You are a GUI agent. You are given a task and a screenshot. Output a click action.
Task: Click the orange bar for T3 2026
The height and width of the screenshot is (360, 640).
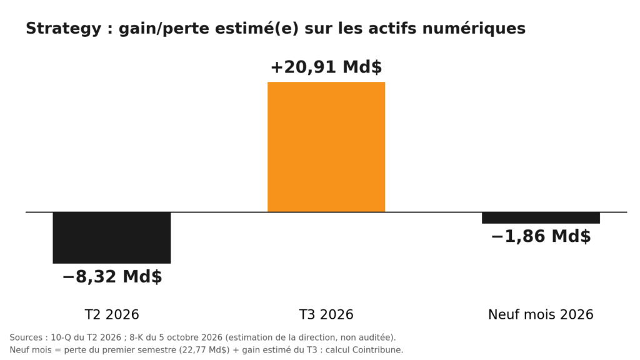click(326, 147)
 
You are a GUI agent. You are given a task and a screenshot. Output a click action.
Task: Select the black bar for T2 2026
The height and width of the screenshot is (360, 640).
click(111, 237)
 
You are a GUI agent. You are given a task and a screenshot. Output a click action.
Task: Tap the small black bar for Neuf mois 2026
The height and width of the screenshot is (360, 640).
click(541, 218)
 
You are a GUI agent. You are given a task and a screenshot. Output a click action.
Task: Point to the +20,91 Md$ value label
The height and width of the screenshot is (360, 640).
click(326, 67)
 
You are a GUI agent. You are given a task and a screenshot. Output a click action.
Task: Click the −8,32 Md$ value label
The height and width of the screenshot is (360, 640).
click(112, 276)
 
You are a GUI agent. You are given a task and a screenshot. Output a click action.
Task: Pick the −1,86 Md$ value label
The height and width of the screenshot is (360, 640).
click(541, 236)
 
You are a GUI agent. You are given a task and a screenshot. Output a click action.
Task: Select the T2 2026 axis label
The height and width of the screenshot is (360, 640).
click(112, 315)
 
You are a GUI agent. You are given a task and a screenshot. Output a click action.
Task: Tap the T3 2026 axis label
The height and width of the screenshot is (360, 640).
click(326, 315)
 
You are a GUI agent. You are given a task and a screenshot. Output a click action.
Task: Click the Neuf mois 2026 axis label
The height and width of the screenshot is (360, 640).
click(541, 315)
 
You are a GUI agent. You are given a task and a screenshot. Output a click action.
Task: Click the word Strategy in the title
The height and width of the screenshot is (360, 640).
click(63, 29)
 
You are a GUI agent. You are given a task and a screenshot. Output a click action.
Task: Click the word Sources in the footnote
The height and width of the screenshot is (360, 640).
click(26, 338)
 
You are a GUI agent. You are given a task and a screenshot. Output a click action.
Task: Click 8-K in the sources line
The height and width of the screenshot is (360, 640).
click(136, 338)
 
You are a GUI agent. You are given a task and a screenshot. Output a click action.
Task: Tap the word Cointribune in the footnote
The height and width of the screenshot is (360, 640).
click(377, 350)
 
